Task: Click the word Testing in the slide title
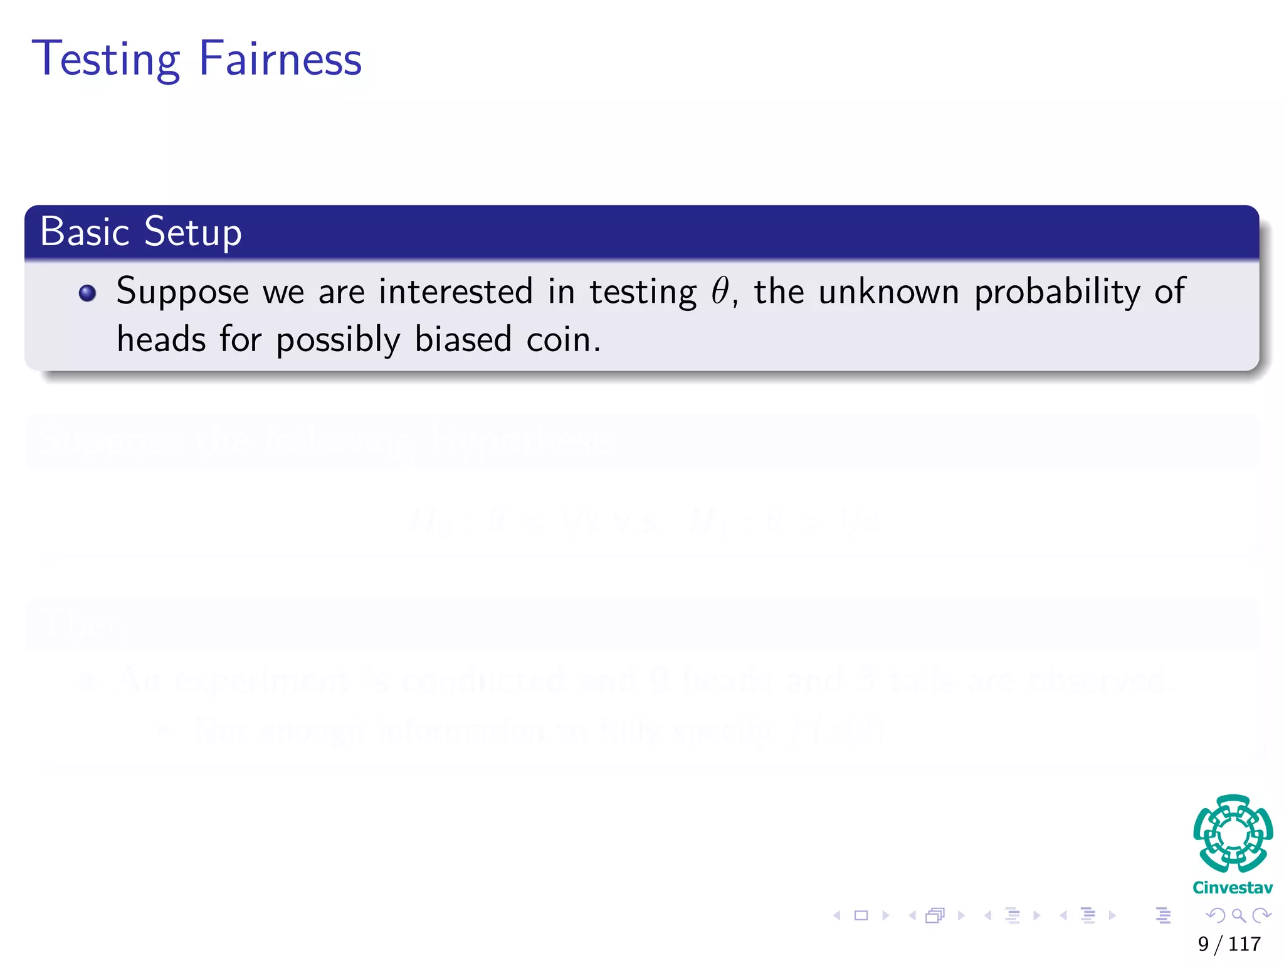tap(106, 60)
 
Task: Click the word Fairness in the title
tap(280, 58)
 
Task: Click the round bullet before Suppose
tap(88, 293)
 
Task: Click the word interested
tap(456, 292)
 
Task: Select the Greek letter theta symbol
tap(720, 292)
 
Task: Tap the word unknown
tap(888, 292)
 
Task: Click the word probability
tap(1057, 293)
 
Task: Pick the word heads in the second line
tap(162, 340)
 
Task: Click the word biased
tap(463, 340)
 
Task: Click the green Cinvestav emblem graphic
tap(1233, 833)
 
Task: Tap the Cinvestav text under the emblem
tap(1233, 888)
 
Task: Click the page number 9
tap(1203, 944)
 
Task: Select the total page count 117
tap(1245, 944)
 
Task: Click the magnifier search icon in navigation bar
tap(1238, 915)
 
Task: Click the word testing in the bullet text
tap(643, 293)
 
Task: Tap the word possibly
tap(338, 341)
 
